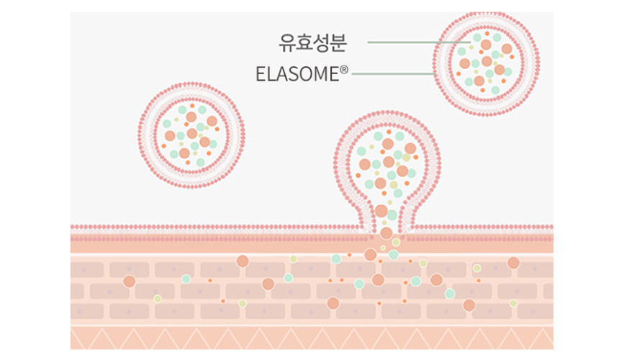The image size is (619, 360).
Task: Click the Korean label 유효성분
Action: pos(312,42)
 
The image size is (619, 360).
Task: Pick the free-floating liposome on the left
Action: pos(191,135)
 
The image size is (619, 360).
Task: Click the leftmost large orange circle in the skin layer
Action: pos(129,281)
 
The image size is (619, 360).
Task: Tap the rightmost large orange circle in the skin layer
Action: pos(513,263)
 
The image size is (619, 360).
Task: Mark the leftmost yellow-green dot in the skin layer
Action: pos(158,298)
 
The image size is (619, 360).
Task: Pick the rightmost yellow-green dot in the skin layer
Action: pos(513,303)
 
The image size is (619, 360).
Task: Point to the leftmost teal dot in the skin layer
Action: pos(186,279)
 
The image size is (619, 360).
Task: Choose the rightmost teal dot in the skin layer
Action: pos(450,293)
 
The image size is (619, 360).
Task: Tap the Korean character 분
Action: pos(338,42)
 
